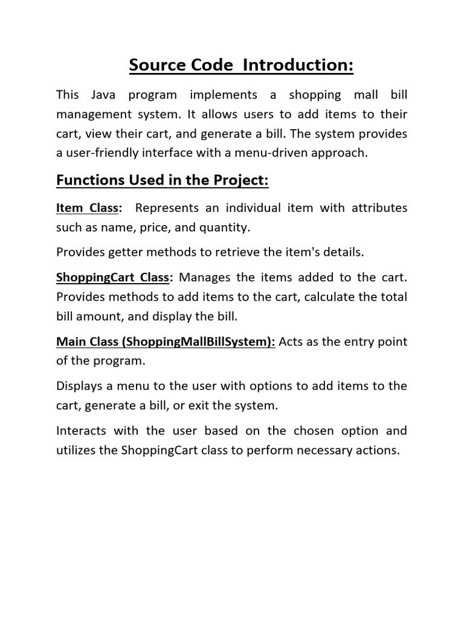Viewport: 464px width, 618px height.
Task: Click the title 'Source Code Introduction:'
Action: click(x=241, y=65)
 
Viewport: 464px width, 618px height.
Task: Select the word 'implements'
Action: click(x=223, y=95)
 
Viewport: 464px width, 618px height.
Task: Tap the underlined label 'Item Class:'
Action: click(x=89, y=208)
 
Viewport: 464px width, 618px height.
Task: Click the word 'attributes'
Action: click(x=375, y=208)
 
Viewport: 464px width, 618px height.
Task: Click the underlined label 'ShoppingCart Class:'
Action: click(x=115, y=278)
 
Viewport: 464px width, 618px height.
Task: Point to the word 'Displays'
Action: click(x=79, y=386)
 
